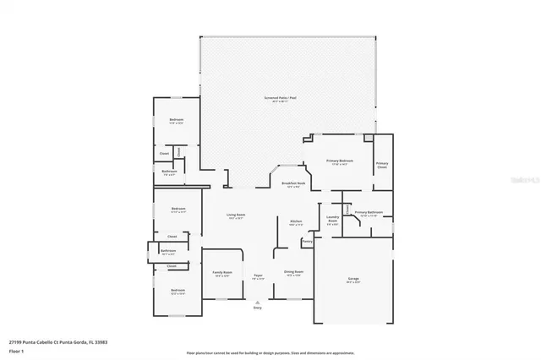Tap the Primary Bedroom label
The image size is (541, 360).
tap(340, 161)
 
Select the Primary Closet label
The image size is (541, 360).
tap(382, 165)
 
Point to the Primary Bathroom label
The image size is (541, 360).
tap(369, 213)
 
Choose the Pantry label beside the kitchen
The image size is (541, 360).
tap(307, 242)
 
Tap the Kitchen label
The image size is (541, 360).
tap(296, 223)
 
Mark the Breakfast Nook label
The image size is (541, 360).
tap(295, 185)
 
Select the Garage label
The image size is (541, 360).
tap(353, 280)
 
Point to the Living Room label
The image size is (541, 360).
tap(236, 216)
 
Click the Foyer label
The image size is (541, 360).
tap(258, 276)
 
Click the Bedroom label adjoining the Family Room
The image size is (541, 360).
tap(178, 291)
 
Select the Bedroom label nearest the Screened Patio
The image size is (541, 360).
tap(176, 121)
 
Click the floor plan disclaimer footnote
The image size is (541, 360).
tap(270, 352)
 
